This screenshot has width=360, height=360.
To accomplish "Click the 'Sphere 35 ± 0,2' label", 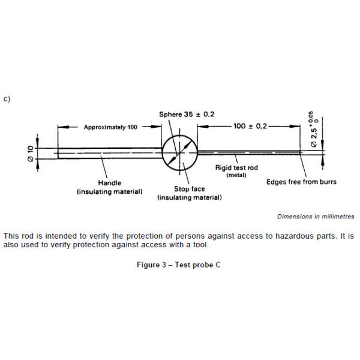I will click(186, 114).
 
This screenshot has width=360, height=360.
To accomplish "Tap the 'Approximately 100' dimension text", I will click(110, 127).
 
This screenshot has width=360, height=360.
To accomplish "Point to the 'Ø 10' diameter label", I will click(31, 152).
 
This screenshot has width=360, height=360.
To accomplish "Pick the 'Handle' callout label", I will click(109, 182).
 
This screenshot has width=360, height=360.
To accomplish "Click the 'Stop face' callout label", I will click(190, 189).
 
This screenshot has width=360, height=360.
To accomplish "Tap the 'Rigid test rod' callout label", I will click(236, 168).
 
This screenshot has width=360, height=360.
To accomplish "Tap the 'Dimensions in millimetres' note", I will click(316, 217).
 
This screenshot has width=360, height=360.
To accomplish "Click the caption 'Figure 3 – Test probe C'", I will click(179, 265).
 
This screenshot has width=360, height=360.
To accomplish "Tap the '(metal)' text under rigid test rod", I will click(236, 175).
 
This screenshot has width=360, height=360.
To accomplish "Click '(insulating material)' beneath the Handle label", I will click(109, 191).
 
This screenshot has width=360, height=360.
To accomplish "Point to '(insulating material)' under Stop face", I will click(190, 197).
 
